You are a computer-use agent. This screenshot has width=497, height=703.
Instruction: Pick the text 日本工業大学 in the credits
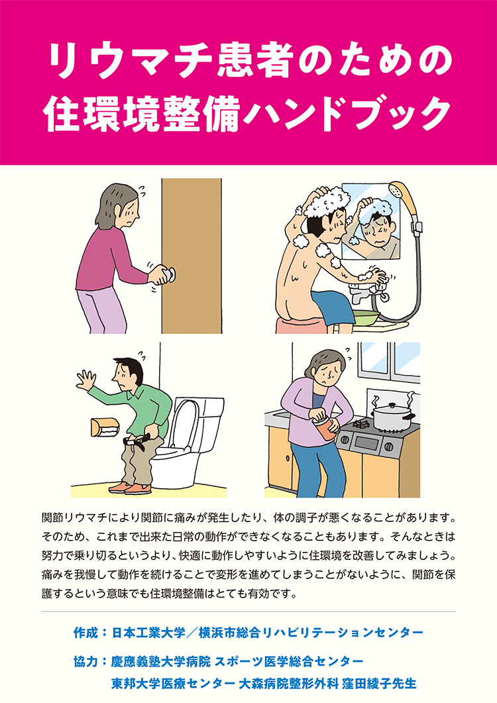pos(146,633)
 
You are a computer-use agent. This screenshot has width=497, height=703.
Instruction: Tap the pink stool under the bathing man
pos(302,325)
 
